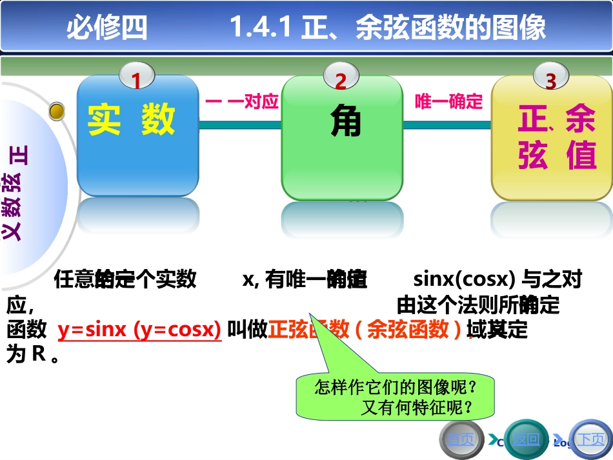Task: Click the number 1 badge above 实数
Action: [136, 80]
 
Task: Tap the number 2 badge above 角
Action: [341, 80]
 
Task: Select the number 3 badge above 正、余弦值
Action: [550, 81]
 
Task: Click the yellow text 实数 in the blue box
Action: [132, 120]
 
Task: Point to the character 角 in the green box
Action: [345, 121]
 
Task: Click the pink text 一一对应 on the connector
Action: [241, 102]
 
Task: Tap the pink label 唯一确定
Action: [448, 102]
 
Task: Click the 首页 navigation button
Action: [461, 440]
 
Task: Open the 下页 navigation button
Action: [590, 440]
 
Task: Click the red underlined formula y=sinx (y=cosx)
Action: [139, 330]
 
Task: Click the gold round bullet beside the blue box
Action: [57, 112]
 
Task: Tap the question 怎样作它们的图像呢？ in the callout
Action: [396, 388]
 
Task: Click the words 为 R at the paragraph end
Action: [26, 355]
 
